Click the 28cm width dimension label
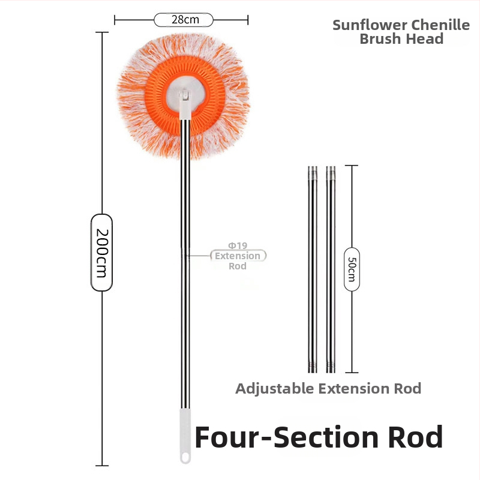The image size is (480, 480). click(184, 20)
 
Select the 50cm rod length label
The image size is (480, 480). click(352, 268)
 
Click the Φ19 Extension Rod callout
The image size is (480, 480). click(238, 256)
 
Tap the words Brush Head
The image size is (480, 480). click(401, 39)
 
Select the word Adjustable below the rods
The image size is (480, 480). click(275, 388)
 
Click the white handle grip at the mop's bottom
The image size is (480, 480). click(185, 432)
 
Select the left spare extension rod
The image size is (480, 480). click(311, 270)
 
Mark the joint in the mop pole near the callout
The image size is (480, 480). click(184, 254)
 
